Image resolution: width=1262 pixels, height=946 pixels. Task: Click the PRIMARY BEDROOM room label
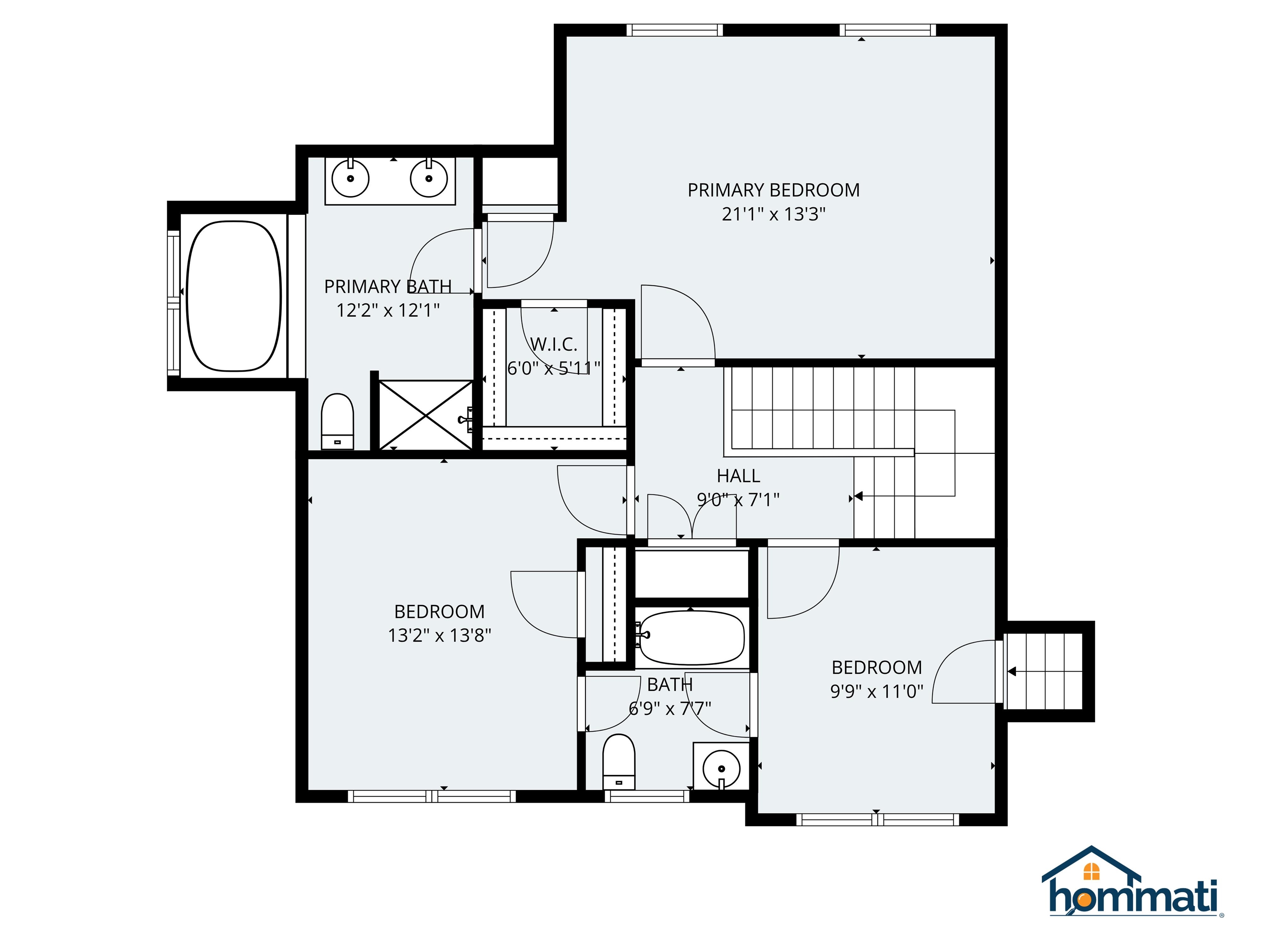[773, 190]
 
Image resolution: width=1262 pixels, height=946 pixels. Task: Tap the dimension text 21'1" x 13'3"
[774, 214]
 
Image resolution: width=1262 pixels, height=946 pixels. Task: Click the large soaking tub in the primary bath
[234, 296]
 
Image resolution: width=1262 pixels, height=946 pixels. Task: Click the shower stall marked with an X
[426, 415]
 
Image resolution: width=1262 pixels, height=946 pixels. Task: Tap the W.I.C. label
[553, 344]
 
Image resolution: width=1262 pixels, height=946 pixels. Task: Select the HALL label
[738, 475]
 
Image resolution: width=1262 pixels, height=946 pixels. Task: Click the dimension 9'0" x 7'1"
[738, 500]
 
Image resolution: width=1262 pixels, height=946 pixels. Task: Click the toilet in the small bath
[619, 762]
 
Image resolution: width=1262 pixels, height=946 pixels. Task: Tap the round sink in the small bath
[721, 768]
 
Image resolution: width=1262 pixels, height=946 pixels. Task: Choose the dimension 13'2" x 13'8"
[439, 635]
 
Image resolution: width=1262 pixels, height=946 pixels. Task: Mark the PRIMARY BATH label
[388, 286]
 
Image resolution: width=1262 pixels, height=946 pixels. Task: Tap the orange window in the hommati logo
[1091, 871]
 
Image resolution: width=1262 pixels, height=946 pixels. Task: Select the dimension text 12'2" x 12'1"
[388, 310]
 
